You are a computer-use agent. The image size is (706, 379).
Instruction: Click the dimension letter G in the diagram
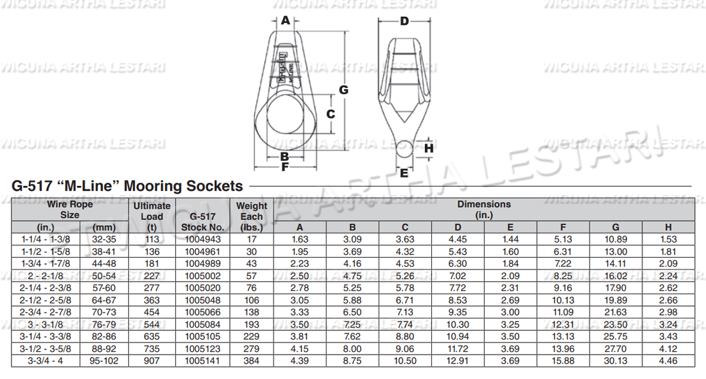click(343, 90)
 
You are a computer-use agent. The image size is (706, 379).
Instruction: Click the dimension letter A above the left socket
click(286, 21)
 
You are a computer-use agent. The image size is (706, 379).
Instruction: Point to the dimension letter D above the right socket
click(404, 21)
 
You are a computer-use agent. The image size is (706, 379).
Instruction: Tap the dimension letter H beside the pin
click(429, 148)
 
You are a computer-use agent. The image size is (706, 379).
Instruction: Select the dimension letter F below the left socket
click(285, 167)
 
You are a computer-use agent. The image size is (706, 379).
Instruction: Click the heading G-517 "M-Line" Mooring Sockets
click(128, 187)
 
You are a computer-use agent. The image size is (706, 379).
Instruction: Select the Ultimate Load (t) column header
click(151, 216)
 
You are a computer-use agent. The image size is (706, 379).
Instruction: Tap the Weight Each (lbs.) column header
click(252, 216)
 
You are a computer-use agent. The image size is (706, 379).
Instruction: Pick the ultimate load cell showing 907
click(151, 361)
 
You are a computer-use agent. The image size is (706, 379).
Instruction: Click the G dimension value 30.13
click(616, 361)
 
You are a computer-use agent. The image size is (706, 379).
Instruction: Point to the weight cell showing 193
click(252, 324)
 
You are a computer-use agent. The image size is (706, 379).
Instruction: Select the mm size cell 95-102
click(104, 361)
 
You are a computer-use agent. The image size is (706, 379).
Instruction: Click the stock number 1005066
click(202, 312)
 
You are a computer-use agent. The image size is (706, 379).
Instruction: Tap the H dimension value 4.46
click(668, 361)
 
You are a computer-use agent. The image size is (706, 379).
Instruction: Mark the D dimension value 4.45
click(458, 239)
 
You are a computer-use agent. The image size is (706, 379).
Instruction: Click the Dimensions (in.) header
click(484, 210)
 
